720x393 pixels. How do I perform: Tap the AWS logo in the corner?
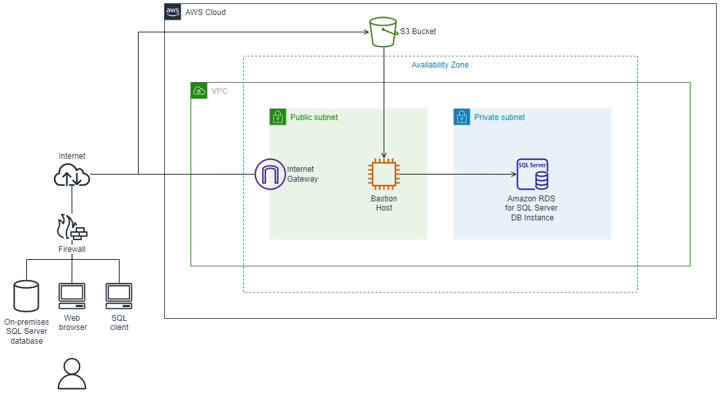(x=173, y=12)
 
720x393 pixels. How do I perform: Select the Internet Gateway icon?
(x=270, y=174)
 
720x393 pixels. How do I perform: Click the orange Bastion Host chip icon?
(x=384, y=175)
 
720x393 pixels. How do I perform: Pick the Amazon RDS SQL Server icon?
(x=532, y=175)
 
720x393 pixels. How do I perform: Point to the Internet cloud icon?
(x=72, y=175)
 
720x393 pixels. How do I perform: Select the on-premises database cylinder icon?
(x=26, y=297)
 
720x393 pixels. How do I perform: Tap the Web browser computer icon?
(x=72, y=297)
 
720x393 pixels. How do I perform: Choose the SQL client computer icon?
(x=119, y=297)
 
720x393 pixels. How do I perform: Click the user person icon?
(x=72, y=374)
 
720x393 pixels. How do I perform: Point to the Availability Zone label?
(x=439, y=65)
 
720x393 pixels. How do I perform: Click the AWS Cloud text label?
(x=205, y=12)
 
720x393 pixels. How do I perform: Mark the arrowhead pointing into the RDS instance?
(x=513, y=175)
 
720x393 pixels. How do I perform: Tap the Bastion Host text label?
(x=384, y=203)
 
